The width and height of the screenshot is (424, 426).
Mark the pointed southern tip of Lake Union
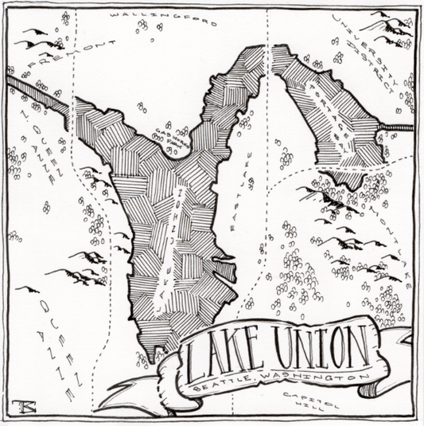pos(152,355)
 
